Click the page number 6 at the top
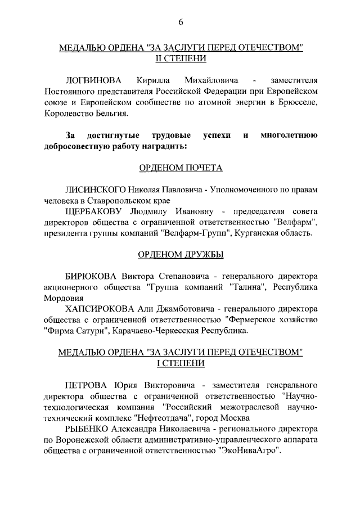(x=181, y=22)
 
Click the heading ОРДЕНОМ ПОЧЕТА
(x=181, y=168)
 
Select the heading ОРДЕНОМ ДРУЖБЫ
(x=181, y=255)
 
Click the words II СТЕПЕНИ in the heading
(x=181, y=58)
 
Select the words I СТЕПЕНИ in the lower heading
(x=181, y=363)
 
